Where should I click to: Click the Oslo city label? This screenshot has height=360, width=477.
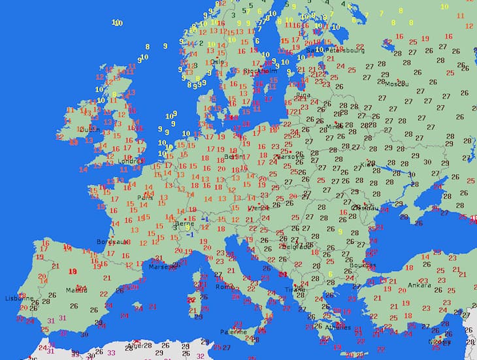(x=218, y=63)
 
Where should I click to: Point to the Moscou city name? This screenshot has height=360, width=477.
(x=396, y=84)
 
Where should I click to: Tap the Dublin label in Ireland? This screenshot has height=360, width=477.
(x=89, y=129)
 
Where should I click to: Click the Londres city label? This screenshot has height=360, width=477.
(x=130, y=160)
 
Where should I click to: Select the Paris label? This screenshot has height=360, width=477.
(x=145, y=197)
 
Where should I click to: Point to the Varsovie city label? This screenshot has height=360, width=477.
(x=291, y=157)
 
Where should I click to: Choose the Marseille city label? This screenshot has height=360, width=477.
(x=163, y=267)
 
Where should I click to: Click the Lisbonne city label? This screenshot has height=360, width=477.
(x=15, y=298)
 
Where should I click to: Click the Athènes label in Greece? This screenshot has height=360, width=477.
(x=338, y=327)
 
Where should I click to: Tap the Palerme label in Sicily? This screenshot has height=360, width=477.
(x=233, y=331)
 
